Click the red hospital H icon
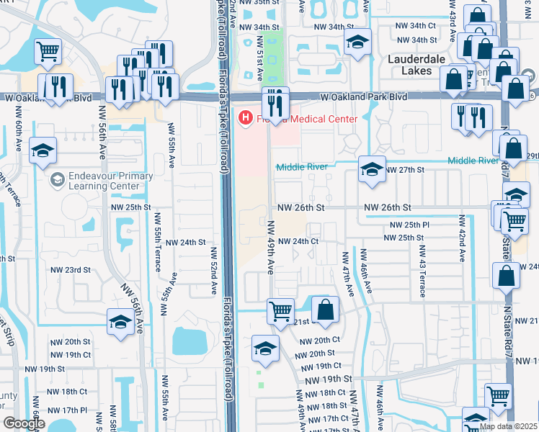[246, 117]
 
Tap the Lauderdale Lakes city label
[420, 65]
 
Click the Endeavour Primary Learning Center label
[102, 181]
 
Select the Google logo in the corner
[24, 423]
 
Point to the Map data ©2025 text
[507, 426]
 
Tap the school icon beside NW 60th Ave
[43, 150]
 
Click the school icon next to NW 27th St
[371, 169]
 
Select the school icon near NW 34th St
[356, 42]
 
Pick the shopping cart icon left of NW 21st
[280, 311]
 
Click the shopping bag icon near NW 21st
[325, 310]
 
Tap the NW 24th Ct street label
[298, 241]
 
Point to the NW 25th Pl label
[406, 225]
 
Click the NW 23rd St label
[71, 270]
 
